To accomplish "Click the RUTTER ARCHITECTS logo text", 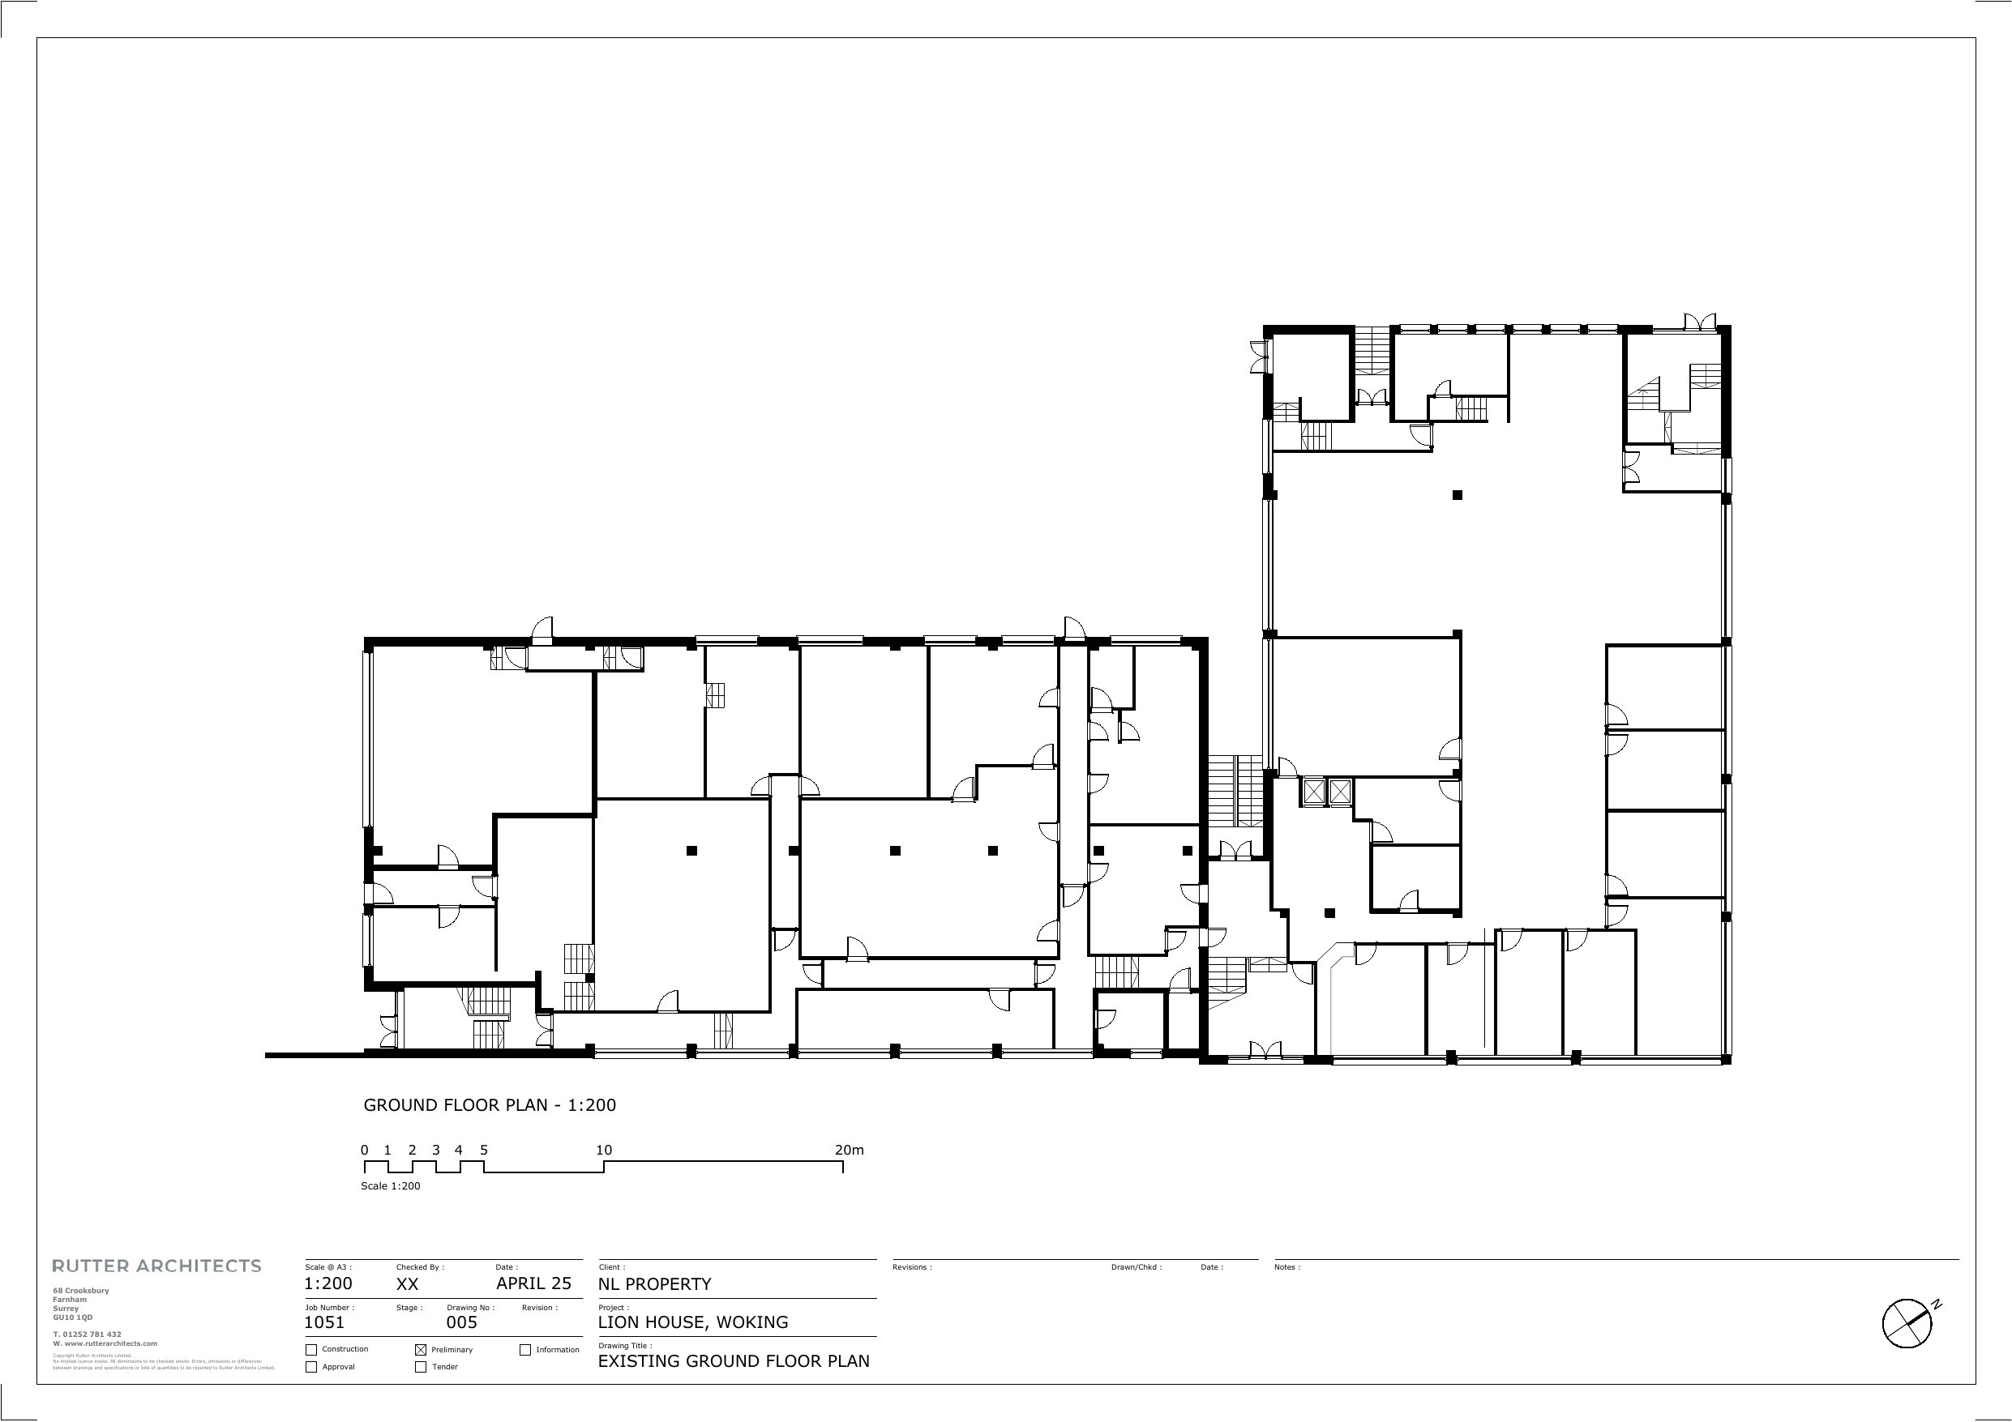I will pos(157,1266).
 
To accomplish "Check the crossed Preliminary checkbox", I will pos(421,1350).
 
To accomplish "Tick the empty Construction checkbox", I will pos(311,1350).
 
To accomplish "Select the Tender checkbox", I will pos(421,1367).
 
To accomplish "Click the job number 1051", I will pos(324,1323).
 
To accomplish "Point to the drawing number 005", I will pos(462,1323).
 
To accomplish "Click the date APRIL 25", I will pos(533,1283).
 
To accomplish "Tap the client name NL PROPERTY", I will pos(655,1284).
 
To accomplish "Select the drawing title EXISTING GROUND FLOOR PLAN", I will pos(734,1360).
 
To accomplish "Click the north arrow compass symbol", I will pos(1907,1323).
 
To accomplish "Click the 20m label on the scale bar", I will pos(849,1151).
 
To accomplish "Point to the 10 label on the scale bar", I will pos(604,1151).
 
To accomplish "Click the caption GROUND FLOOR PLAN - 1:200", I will pos(490,1105).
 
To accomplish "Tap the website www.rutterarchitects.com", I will pos(109,1343).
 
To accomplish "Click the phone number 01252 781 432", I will pos(92,1334).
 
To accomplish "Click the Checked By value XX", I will pos(408,1284).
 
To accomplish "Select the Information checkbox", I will pos(525,1350).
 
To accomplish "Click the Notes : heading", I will pos(1287,1267).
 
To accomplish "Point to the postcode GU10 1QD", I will pos(73,1317).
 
